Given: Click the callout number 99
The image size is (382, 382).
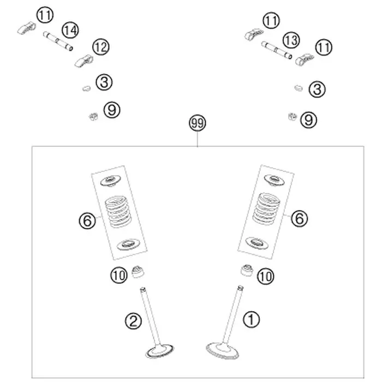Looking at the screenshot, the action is tap(198, 123).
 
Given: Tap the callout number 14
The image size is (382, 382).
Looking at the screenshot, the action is tap(70, 31).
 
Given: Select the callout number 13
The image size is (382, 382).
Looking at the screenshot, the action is tap(291, 40).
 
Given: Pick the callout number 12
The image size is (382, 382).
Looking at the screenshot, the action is tap(101, 47).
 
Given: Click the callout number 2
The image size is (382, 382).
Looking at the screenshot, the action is tap(133, 321).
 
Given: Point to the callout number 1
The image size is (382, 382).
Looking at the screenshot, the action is tap(251, 319).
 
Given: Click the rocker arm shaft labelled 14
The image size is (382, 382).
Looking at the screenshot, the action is tap(58, 41).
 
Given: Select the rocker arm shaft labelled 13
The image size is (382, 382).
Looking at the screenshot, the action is tap(277, 50).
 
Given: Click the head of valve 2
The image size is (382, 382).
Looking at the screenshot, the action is tap(159, 351).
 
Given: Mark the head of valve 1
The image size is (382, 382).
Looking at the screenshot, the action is tap(222, 351).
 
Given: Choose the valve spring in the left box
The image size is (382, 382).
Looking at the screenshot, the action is tap(118, 212).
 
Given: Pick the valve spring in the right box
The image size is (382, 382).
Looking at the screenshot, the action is tap(266, 209).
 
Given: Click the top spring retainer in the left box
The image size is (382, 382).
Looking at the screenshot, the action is tap(111, 181).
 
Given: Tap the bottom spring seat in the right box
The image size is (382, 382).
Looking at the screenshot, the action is tap(256, 243).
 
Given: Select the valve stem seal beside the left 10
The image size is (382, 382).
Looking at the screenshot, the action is tap(138, 272).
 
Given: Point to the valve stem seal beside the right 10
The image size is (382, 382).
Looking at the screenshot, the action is tap(247, 270).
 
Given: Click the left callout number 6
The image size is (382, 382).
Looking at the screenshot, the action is tap(87, 220).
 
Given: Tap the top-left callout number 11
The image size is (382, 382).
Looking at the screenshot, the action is tap(45, 15).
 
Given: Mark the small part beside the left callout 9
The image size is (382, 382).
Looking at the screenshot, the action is tap(93, 117).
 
